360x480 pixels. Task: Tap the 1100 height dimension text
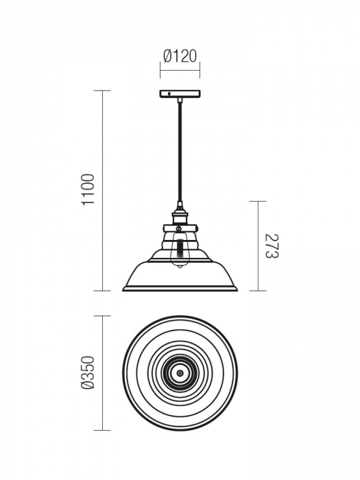(88, 191)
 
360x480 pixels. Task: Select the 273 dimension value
(272, 245)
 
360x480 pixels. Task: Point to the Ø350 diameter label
(88, 373)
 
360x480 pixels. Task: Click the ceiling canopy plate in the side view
(180, 93)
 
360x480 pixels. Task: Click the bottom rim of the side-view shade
(180, 289)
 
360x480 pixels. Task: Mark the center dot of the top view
(180, 373)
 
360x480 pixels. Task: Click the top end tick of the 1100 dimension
(103, 91)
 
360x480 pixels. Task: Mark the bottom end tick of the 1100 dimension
(103, 291)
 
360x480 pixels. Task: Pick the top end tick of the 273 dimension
(257, 201)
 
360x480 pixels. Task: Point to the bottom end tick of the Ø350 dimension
(103, 430)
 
